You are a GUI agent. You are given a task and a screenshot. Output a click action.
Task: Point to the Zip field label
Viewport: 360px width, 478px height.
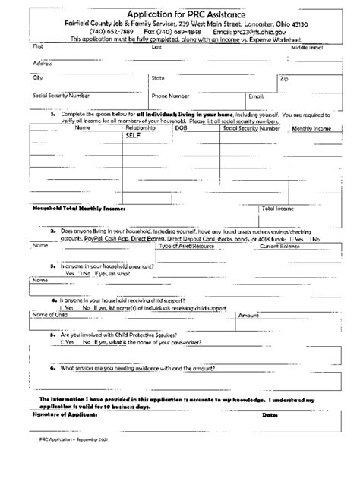pyautogui.click(x=284, y=78)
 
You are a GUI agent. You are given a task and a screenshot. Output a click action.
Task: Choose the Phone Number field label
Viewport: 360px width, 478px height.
pyautogui.click(x=170, y=96)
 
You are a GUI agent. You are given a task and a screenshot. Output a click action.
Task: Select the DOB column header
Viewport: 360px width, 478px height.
pyautogui.click(x=181, y=129)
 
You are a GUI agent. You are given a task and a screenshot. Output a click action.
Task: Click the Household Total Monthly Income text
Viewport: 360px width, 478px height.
pyautogui.click(x=77, y=207)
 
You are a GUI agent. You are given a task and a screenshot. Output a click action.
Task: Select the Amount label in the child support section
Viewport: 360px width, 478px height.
pyautogui.click(x=251, y=314)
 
